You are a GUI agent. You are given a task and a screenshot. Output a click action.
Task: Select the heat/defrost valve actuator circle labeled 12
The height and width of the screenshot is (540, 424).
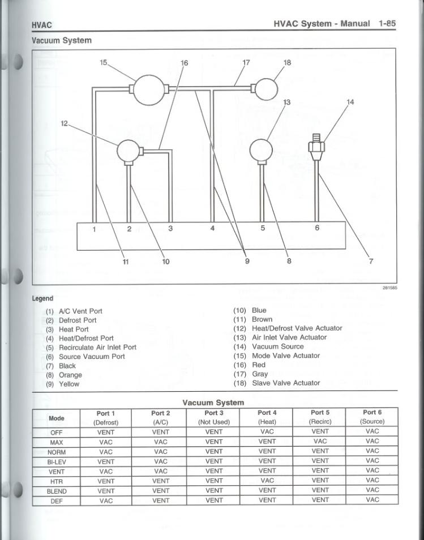(128, 151)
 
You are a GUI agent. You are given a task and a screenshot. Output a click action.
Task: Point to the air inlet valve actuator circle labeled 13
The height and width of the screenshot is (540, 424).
(261, 150)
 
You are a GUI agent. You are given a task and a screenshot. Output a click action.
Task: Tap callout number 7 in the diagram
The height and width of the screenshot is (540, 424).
(371, 262)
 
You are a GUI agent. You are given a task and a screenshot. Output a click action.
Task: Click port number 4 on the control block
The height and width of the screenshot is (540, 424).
(212, 229)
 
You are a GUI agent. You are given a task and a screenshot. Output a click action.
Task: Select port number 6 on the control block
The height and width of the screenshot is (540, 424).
(317, 228)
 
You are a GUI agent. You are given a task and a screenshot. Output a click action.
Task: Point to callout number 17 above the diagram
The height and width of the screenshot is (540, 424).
(246, 62)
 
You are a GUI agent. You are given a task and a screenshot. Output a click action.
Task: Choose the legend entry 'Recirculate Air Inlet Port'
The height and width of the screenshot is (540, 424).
(97, 347)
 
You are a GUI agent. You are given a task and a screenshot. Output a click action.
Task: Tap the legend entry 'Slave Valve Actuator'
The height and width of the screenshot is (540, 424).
(286, 383)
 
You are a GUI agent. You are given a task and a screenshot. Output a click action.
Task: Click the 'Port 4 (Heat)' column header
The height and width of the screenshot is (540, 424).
(267, 417)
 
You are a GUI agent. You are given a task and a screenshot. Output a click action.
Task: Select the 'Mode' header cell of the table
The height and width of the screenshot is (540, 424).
(57, 418)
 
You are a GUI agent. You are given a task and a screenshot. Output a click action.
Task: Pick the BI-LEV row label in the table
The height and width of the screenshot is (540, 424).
(57, 461)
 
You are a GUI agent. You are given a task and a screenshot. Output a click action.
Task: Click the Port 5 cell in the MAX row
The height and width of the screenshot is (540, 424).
(320, 442)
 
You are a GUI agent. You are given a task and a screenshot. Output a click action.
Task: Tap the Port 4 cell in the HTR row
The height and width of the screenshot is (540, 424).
(267, 481)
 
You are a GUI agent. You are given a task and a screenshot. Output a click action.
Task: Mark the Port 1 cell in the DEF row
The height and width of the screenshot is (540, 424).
(106, 500)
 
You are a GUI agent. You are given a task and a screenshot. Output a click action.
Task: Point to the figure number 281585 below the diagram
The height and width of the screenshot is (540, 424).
(390, 288)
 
